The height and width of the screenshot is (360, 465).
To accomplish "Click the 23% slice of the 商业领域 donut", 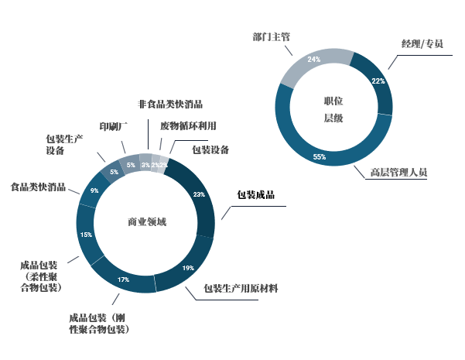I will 199,195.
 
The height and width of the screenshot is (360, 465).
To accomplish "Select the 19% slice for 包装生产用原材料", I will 188,267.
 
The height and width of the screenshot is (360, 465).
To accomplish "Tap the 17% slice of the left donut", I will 123,279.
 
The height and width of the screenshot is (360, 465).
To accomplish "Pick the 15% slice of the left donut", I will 87,234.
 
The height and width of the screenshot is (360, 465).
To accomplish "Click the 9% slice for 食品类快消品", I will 94,190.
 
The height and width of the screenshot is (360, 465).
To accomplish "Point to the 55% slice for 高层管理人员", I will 319,156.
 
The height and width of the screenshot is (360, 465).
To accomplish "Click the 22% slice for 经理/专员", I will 378,81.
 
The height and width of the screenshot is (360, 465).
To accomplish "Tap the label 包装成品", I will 255,195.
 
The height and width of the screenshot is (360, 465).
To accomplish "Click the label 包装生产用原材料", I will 241,289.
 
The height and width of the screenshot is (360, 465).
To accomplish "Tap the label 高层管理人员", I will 398,172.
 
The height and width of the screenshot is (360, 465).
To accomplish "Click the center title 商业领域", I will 146,222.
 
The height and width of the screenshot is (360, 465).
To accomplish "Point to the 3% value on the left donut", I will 145,165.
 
